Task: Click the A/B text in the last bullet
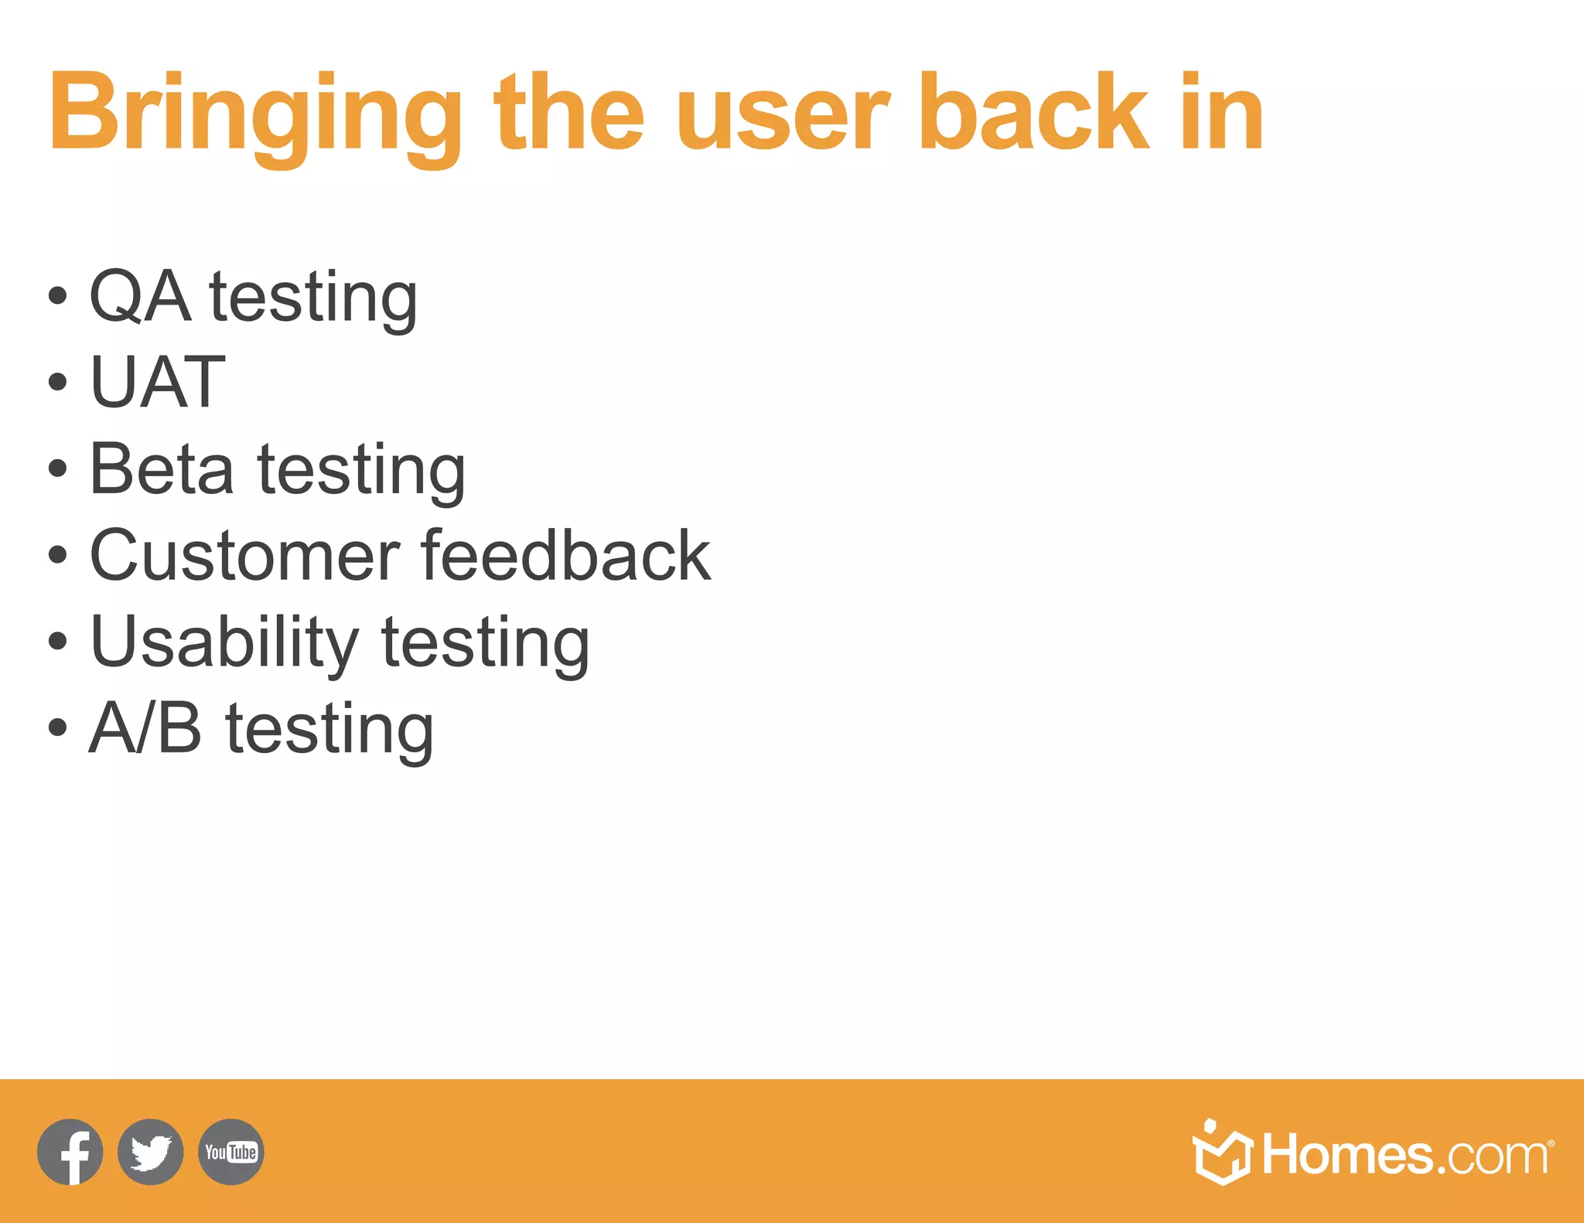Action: [x=145, y=727]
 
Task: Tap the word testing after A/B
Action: [x=329, y=730]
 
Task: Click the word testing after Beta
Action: [x=361, y=471]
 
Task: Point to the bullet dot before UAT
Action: [x=57, y=382]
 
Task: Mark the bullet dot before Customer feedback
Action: [x=57, y=555]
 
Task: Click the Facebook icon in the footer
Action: [x=70, y=1152]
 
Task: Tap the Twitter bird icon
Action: [x=151, y=1152]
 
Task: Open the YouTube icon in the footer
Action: [x=231, y=1152]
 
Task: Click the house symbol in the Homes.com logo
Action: [x=1221, y=1153]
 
